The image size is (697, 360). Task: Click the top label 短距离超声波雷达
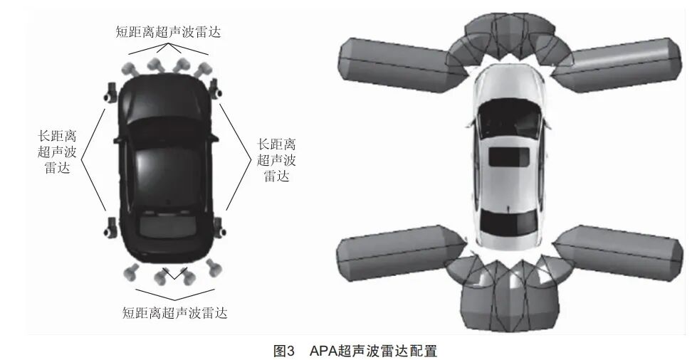(168, 32)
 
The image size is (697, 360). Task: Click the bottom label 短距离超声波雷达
(174, 313)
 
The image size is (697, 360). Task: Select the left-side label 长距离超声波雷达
(58, 152)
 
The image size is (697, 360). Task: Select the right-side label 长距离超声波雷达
(276, 160)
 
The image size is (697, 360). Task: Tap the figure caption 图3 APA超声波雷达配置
(355, 351)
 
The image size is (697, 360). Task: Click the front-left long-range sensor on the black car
(110, 92)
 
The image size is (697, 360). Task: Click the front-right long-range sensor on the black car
(216, 88)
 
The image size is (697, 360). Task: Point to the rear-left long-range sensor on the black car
(110, 227)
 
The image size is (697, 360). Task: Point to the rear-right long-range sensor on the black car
(219, 227)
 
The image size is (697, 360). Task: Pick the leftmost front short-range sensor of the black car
(129, 69)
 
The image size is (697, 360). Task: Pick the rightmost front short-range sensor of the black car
(203, 70)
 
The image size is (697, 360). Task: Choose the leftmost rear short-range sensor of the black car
(131, 272)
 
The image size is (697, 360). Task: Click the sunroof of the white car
(509, 157)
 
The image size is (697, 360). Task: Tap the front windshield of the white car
(509, 117)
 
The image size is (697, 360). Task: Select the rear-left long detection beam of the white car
(401, 253)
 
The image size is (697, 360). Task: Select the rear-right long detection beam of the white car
(618, 253)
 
